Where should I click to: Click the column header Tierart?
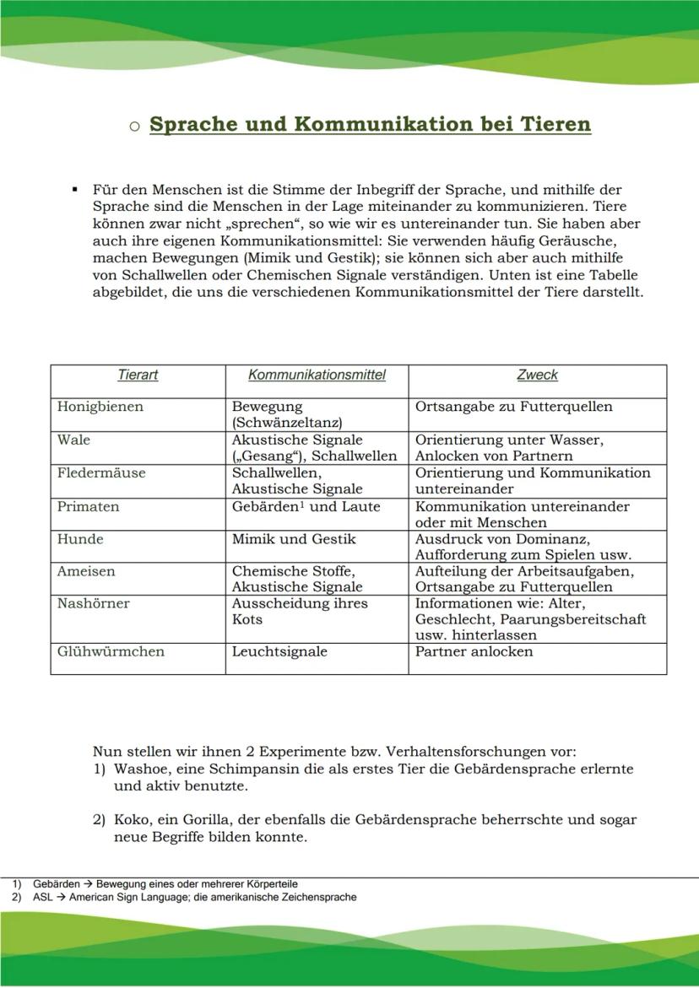click(138, 375)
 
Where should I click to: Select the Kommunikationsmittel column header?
click(317, 375)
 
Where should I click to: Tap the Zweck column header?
click(537, 375)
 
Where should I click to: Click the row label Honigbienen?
click(100, 407)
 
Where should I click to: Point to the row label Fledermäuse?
click(100, 472)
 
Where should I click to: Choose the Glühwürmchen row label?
click(111, 651)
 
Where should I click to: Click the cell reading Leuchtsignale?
click(279, 651)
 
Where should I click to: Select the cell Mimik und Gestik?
click(294, 539)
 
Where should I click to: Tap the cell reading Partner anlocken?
click(474, 651)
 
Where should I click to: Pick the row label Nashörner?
click(93, 603)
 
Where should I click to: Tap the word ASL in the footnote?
click(43, 898)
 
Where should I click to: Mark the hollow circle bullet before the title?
click(134, 127)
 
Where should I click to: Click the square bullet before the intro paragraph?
click(76, 190)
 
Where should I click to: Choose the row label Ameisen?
click(86, 571)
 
